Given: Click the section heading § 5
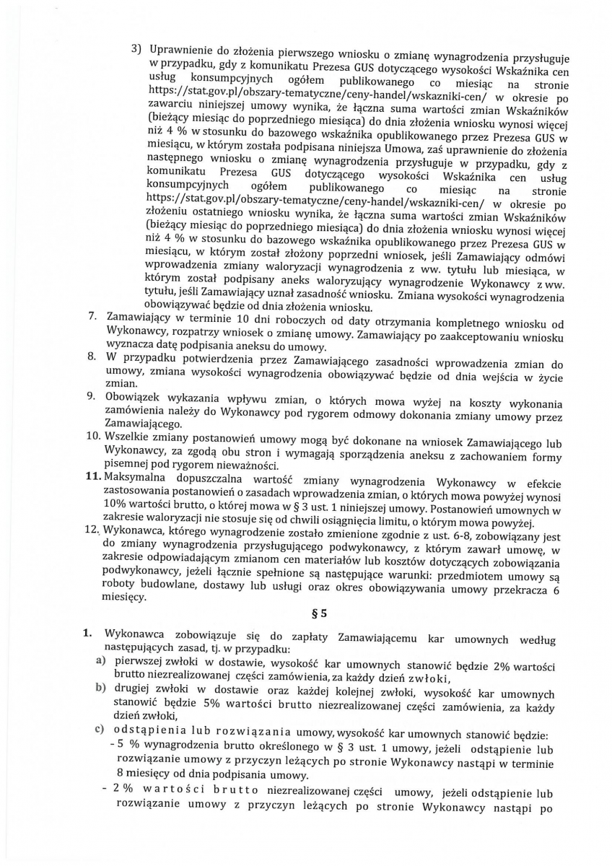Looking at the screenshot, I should coord(310,615).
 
